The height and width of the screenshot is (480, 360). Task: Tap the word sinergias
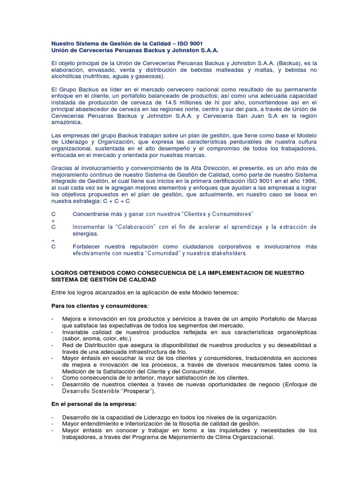(85, 233)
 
